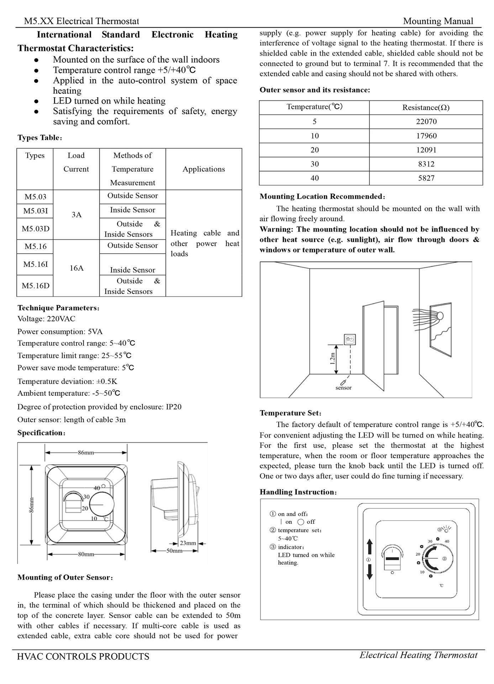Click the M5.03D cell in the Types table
point(35,229)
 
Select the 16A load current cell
point(76,268)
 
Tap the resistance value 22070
point(426,121)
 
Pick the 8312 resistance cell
point(426,164)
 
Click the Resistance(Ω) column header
point(426,108)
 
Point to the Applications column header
point(204,169)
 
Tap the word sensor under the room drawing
point(343,388)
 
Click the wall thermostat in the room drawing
point(350,340)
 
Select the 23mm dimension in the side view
point(188,543)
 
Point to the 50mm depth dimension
point(174,551)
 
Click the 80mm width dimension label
point(86,554)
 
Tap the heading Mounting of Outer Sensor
point(65,577)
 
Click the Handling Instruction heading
point(298,492)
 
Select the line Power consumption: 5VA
point(60,332)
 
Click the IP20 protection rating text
point(174,407)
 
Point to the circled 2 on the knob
point(445,559)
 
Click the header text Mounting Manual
point(438,21)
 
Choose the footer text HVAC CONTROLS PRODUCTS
point(83,657)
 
